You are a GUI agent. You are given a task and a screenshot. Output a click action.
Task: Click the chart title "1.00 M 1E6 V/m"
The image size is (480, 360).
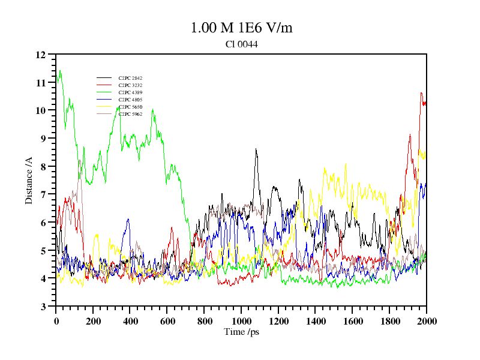pyautogui.click(x=241, y=28)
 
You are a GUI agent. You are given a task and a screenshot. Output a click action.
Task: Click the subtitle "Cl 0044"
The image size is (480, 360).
pyautogui.click(x=241, y=44)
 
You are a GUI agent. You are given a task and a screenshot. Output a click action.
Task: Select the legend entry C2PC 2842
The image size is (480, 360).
pyautogui.click(x=130, y=78)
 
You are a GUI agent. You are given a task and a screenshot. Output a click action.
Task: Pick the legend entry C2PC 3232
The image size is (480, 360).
pyautogui.click(x=130, y=85)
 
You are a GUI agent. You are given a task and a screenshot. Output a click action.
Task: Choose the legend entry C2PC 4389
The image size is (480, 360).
pyautogui.click(x=130, y=92)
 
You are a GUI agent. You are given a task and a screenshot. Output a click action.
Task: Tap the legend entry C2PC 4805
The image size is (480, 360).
pyautogui.click(x=130, y=100)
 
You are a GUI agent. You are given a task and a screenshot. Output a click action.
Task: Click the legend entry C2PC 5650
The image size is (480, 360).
pyautogui.click(x=130, y=107)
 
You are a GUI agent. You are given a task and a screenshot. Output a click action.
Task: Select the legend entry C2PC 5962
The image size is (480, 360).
pyautogui.click(x=130, y=114)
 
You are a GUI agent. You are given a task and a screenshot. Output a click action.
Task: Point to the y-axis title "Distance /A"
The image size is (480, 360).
pyautogui.click(x=29, y=180)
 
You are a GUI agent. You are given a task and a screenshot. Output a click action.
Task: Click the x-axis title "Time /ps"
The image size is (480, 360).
pyautogui.click(x=241, y=332)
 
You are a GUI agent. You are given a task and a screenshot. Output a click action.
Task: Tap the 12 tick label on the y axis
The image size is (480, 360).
pyautogui.click(x=41, y=55)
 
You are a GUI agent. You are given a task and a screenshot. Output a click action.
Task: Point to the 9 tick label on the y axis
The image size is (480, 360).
pyautogui.click(x=43, y=139)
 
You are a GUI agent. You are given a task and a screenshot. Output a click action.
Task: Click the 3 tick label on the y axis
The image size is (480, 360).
pyautogui.click(x=43, y=307)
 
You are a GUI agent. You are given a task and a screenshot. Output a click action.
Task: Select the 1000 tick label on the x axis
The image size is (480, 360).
pyautogui.click(x=241, y=322)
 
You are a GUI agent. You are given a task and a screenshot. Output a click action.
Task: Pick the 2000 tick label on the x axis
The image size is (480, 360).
pyautogui.click(x=426, y=322)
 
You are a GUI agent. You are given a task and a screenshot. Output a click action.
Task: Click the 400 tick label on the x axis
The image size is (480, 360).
pyautogui.click(x=130, y=322)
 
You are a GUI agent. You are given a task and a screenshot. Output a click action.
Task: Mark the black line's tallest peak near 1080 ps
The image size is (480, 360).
pyautogui.click(x=256, y=149)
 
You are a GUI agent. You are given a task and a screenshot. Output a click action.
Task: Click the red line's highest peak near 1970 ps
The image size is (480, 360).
pyautogui.click(x=422, y=93)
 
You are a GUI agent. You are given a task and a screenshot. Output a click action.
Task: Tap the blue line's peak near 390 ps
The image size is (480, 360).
pyautogui.click(x=128, y=220)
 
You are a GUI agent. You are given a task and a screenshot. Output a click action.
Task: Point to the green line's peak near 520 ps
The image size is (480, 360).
pyautogui.click(x=153, y=109)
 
